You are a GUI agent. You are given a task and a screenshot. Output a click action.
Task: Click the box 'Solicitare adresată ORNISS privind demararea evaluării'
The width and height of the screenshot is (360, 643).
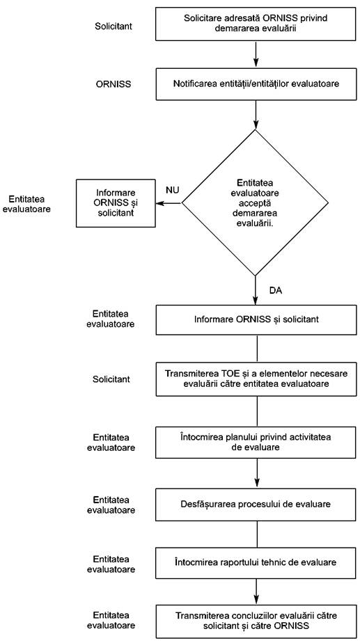256,24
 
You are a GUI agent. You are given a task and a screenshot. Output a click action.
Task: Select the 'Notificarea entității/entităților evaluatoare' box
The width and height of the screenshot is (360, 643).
256,84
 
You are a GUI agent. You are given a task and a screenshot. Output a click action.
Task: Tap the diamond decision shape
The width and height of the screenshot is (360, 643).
256,203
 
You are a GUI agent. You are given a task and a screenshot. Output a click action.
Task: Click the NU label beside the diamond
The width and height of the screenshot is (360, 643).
173,190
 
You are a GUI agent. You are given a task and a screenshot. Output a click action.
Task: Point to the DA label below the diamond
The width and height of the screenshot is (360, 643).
276,291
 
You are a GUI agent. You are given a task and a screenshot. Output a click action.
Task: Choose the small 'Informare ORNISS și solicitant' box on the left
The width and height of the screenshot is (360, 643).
116,203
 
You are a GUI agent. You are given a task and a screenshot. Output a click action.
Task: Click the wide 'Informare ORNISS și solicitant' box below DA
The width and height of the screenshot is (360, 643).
256,319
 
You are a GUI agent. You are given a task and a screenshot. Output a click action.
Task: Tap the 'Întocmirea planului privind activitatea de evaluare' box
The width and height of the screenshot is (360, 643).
256,443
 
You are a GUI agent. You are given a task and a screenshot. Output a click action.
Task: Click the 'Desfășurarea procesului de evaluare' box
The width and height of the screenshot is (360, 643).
256,504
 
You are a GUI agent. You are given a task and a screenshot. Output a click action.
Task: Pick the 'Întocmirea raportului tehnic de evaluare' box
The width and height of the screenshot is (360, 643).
256,562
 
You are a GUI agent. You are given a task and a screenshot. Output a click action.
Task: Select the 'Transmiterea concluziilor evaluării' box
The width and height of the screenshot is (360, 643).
256,621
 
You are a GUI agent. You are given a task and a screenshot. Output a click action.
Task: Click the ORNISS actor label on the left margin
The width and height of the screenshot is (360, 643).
113,84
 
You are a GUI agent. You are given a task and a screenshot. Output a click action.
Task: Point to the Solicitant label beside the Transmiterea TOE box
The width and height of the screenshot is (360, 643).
111,379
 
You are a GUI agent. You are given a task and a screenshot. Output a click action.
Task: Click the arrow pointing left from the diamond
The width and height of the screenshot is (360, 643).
169,203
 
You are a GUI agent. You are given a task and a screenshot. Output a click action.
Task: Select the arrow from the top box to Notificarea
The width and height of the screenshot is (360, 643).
256,54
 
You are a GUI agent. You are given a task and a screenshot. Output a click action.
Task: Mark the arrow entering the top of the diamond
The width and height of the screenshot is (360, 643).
256,115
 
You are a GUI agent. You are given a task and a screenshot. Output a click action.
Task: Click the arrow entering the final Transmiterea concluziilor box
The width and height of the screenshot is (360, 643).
256,592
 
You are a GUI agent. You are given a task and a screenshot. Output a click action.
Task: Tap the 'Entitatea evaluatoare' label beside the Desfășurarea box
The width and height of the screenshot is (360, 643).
111,505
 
